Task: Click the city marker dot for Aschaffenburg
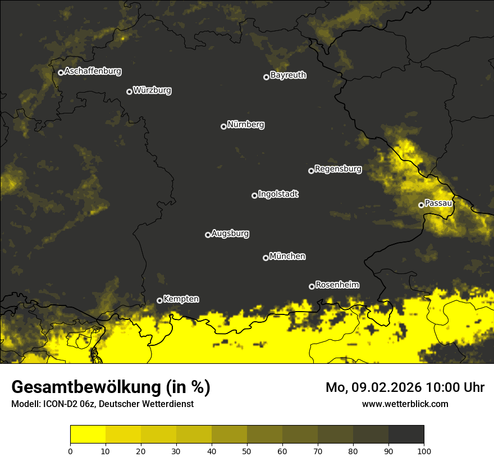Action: tap(61, 72)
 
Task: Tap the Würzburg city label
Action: tap(152, 90)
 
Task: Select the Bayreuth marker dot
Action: tap(266, 77)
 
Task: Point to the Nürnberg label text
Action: tap(246, 125)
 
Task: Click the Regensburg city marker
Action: tap(311, 171)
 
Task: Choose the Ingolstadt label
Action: tap(278, 194)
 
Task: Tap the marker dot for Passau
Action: tap(421, 205)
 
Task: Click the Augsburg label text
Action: tap(230, 234)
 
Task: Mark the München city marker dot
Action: tap(266, 258)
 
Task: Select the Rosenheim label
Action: tap(337, 285)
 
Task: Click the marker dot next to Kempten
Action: tap(159, 300)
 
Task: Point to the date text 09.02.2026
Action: tap(387, 387)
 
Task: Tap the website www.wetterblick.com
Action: tap(405, 404)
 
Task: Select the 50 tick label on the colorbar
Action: tap(247, 450)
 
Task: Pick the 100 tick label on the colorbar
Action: tap(424, 450)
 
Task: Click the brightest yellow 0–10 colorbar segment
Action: tap(88, 435)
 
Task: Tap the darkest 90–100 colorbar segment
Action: tap(406, 435)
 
